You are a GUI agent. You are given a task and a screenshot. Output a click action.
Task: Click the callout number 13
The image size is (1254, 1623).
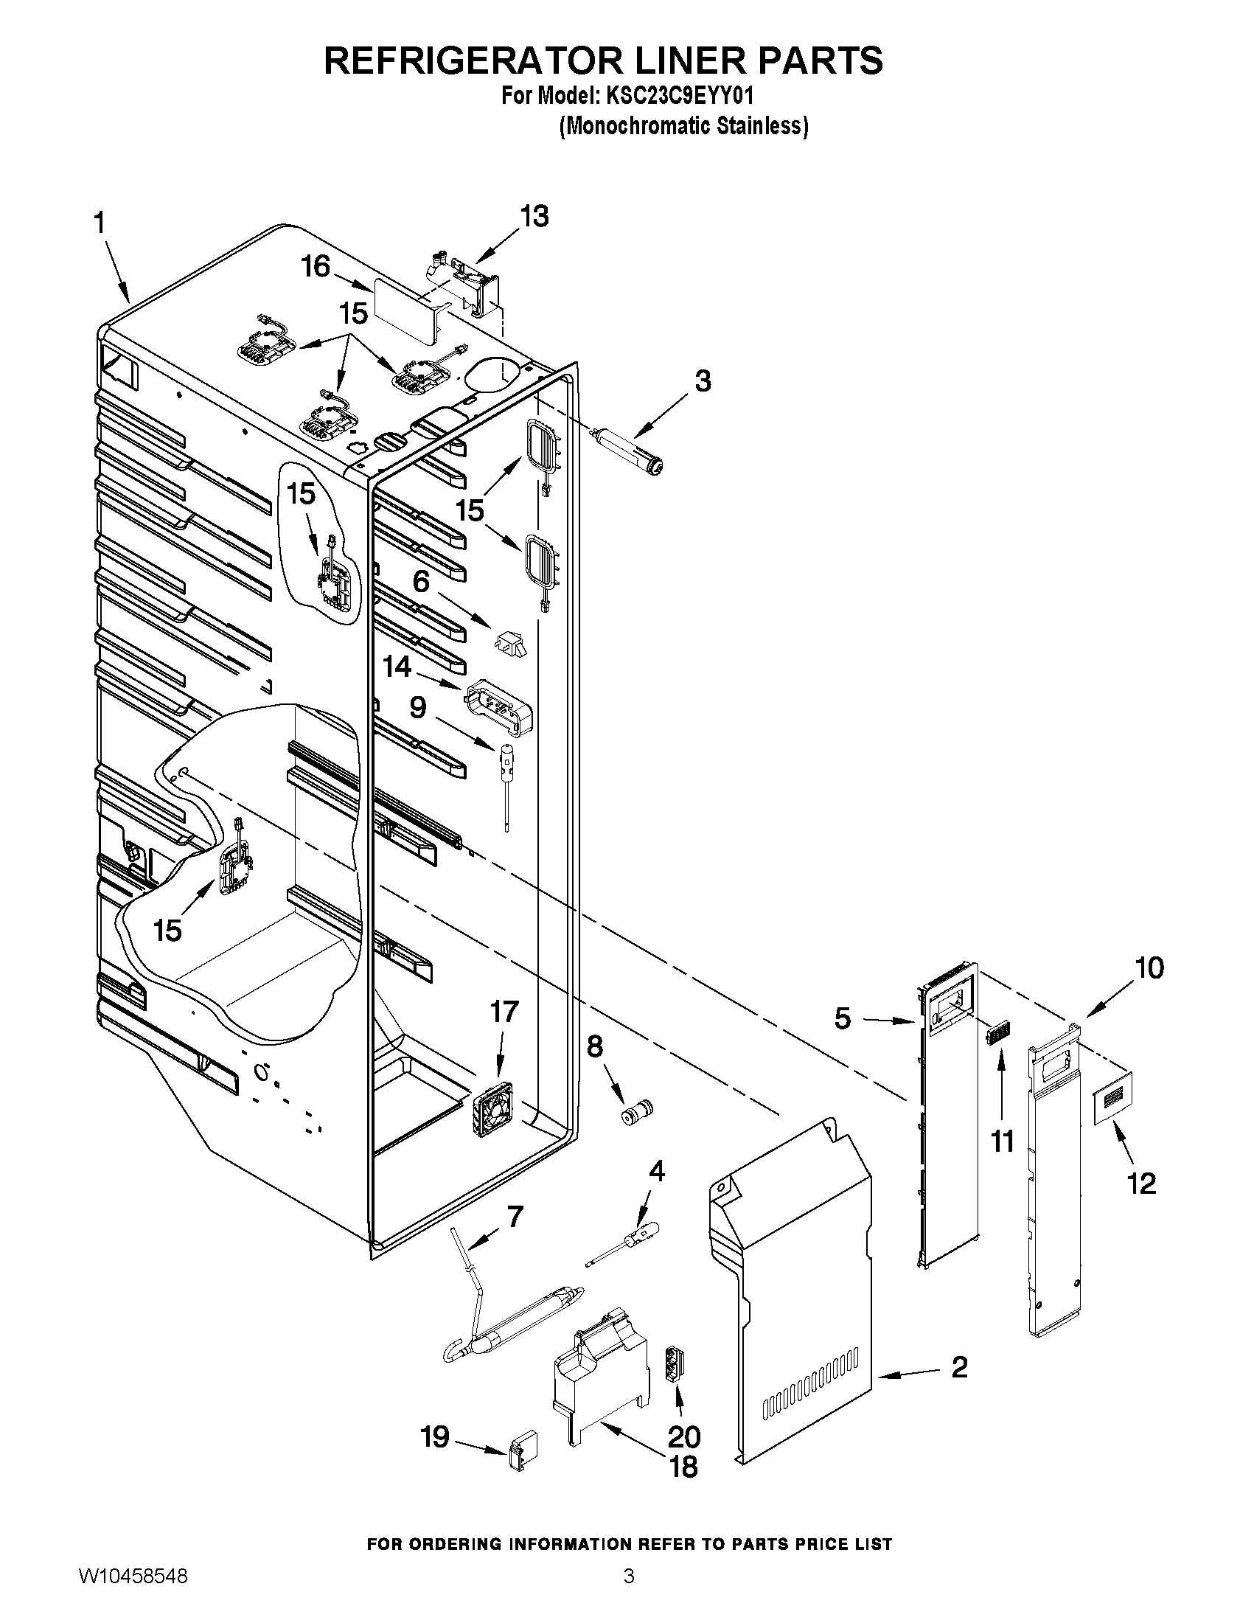click(534, 216)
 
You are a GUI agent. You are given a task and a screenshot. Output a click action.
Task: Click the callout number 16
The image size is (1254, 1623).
click(316, 267)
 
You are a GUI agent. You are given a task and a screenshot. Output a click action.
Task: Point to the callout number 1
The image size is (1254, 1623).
click(99, 224)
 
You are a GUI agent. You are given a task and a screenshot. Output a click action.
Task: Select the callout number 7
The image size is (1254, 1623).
click(514, 1217)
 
